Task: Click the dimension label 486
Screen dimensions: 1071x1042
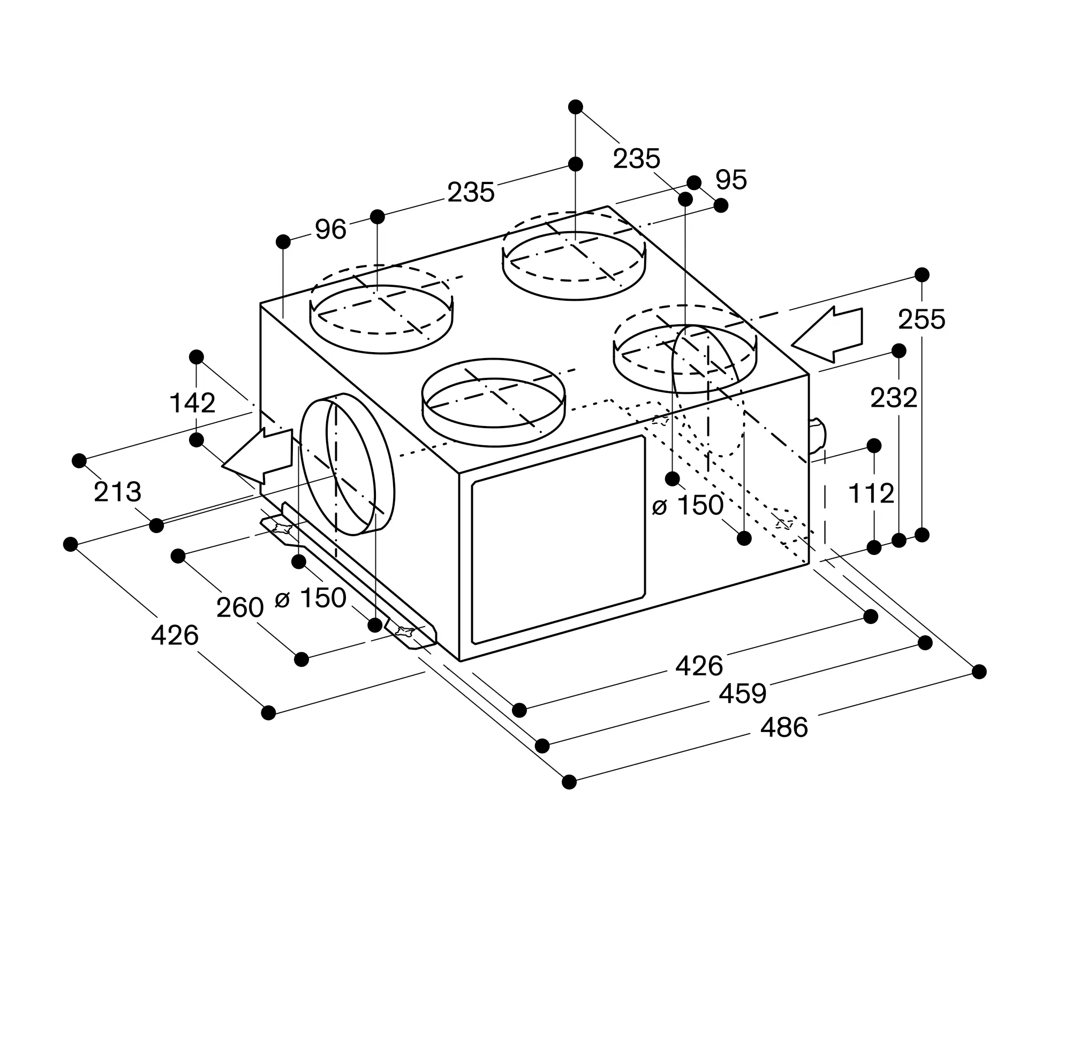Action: [783, 727]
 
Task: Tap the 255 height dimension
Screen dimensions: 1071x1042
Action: [922, 320]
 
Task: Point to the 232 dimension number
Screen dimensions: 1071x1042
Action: [894, 398]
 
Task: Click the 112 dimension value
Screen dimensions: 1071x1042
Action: [871, 493]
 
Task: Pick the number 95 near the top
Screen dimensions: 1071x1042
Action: [731, 179]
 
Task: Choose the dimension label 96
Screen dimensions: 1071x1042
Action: [330, 229]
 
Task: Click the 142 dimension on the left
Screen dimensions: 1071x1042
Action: [192, 404]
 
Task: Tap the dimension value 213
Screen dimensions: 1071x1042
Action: [117, 492]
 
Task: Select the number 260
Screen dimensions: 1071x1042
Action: [240, 607]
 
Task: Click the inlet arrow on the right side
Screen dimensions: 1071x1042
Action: [827, 334]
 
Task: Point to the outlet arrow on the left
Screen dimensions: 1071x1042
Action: [257, 456]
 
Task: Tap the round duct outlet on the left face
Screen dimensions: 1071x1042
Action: [347, 464]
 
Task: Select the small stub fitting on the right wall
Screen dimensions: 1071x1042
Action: [817, 436]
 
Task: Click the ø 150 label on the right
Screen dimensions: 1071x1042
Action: [688, 506]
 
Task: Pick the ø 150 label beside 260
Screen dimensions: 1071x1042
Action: [311, 598]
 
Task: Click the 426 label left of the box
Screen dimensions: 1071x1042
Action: [174, 635]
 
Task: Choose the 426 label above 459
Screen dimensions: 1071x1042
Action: [699, 666]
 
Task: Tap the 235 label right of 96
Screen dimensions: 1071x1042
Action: [471, 192]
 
